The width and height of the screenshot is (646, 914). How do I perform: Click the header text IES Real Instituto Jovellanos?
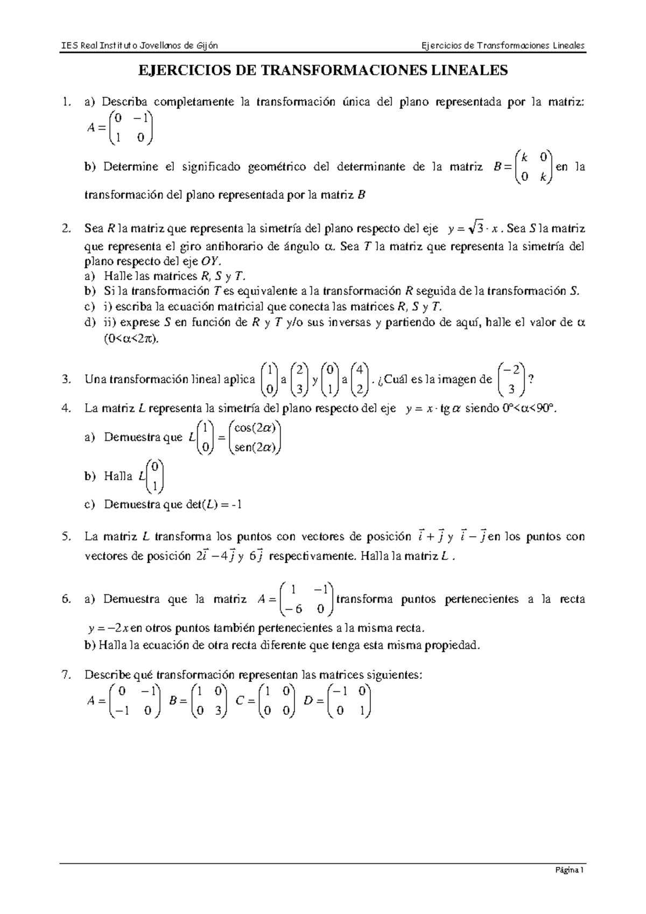139,45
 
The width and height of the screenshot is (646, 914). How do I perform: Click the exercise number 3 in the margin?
66,379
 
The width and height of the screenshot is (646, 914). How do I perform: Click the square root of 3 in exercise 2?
476,229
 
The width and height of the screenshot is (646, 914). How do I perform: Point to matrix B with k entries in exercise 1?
533,167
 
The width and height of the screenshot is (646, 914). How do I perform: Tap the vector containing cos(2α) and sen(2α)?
255,438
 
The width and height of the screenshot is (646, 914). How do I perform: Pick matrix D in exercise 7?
348,701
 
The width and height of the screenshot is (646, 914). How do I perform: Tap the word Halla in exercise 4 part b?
118,476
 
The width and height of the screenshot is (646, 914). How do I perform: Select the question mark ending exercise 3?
532,379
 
